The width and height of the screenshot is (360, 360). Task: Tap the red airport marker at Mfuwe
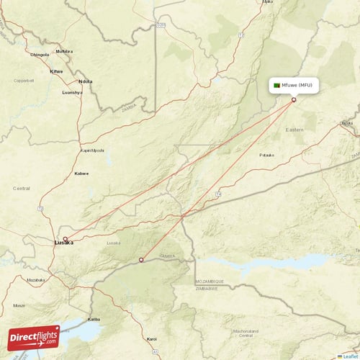click(x=294, y=100)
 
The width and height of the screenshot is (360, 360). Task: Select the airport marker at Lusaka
click(x=66, y=239)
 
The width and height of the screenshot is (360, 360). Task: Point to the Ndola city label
click(x=86, y=81)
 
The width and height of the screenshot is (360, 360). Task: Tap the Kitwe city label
click(x=55, y=71)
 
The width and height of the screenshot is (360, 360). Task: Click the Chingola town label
click(x=39, y=54)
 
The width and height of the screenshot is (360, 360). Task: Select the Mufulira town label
click(x=64, y=52)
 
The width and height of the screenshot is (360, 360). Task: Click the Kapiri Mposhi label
click(x=92, y=150)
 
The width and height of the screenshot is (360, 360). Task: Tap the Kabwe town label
click(x=81, y=174)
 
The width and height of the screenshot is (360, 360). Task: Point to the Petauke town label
click(x=266, y=155)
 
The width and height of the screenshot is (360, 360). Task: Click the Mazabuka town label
click(x=35, y=279)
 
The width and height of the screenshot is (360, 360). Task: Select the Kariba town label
click(x=94, y=318)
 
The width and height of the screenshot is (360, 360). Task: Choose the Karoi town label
click(x=151, y=338)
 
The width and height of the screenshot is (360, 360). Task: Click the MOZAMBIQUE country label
click(x=209, y=282)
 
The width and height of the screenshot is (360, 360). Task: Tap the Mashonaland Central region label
click(x=246, y=333)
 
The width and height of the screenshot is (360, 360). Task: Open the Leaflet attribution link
click(x=349, y=356)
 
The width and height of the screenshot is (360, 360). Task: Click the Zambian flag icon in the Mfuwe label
click(x=277, y=86)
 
